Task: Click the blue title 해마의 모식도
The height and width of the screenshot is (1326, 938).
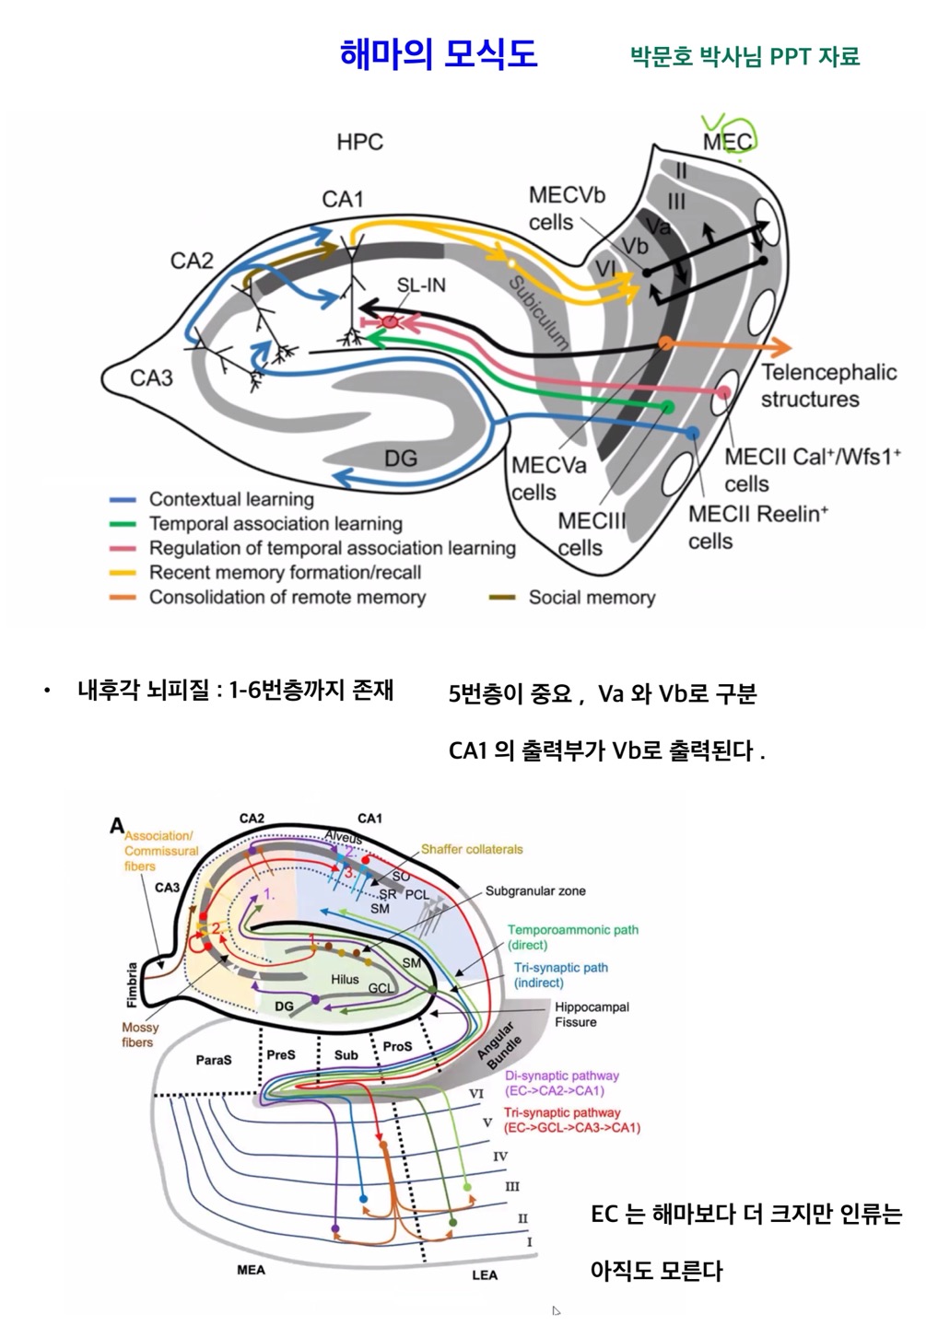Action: [x=439, y=53]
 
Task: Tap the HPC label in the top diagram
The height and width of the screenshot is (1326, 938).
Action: [x=359, y=142]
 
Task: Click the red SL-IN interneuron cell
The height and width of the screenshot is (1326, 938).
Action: [x=391, y=322]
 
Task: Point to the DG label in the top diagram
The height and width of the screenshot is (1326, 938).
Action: [x=401, y=458]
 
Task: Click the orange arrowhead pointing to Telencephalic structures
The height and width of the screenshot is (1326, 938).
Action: [x=781, y=347]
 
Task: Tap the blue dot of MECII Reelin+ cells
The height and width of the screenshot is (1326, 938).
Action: [x=692, y=432]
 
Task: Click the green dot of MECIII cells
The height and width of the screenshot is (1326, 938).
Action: [x=668, y=406]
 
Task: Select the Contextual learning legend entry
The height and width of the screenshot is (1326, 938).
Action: [x=231, y=499]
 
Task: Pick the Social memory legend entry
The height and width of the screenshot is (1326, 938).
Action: [x=592, y=597]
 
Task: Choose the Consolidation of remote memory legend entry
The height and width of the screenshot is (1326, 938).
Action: [x=287, y=597]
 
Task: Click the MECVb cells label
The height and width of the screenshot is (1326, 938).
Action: [x=566, y=209]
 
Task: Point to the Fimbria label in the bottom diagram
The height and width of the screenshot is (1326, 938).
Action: [x=132, y=984]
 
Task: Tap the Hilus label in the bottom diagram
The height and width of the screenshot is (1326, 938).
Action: [x=345, y=979]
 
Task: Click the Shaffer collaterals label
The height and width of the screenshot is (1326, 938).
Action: [x=472, y=849]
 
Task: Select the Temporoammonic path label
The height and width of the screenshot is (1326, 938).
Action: [x=572, y=936]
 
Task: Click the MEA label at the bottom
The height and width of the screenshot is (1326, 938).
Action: [x=251, y=1270]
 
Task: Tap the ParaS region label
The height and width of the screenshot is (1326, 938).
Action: [x=214, y=1060]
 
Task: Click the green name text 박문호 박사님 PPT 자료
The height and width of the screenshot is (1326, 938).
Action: [x=745, y=56]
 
